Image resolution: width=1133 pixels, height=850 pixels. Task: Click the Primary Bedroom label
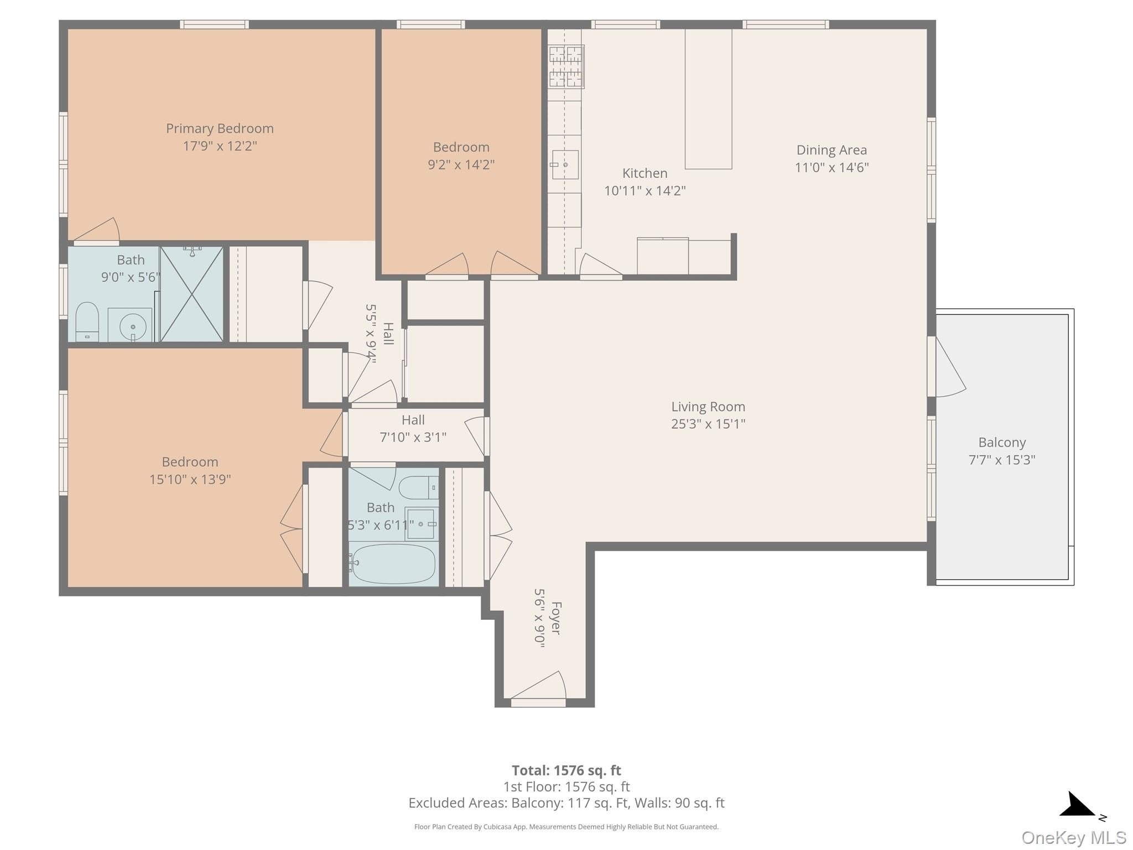220,128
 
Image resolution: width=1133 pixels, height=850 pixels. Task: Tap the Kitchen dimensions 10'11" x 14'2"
645,191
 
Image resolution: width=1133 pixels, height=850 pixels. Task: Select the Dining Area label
831,150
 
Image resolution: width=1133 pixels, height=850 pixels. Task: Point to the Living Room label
708,407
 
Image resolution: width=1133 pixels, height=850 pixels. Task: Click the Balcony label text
1002,443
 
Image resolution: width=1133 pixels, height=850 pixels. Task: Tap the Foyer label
556,618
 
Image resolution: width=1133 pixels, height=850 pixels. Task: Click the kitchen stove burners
566,67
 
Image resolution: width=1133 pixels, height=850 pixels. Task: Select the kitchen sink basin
565,165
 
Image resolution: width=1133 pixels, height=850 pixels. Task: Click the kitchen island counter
708,99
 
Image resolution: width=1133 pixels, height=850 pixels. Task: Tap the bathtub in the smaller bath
392,564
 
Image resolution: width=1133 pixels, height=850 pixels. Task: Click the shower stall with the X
191,294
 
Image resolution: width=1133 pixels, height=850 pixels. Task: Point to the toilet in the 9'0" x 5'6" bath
87,322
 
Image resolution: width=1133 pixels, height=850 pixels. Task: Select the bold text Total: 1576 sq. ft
566,770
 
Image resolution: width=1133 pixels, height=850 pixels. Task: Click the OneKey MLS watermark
1074,837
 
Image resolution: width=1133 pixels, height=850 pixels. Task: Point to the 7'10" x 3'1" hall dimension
413,437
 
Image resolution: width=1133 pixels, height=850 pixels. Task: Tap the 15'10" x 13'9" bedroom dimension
190,479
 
